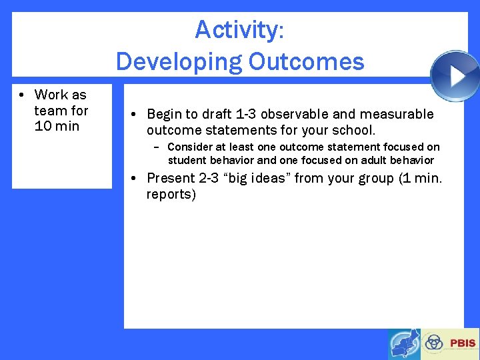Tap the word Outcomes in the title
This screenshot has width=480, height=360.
[x=306, y=62]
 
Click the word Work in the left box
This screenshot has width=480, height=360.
[x=51, y=95]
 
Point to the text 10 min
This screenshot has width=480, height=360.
[x=57, y=126]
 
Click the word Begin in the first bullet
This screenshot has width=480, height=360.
[x=165, y=115]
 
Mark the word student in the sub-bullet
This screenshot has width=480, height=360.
[x=187, y=160]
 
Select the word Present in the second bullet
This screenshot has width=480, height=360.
[x=169, y=178]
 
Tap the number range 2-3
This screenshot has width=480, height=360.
[x=209, y=178]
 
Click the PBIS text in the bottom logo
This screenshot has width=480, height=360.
[x=462, y=343]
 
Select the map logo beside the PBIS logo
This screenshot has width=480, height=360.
[x=404, y=344]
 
